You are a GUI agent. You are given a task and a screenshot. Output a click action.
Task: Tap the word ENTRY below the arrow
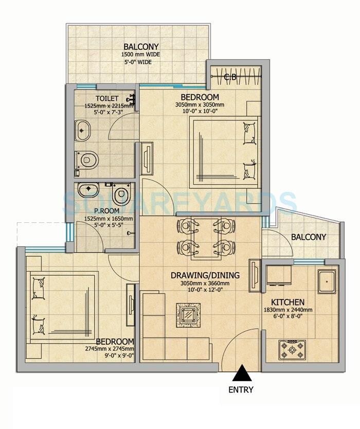(x=241, y=389)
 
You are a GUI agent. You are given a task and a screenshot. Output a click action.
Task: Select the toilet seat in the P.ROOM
(x=121, y=194)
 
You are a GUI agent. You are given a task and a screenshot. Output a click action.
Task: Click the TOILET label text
(x=107, y=98)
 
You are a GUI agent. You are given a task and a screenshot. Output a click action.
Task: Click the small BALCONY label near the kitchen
(x=309, y=237)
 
